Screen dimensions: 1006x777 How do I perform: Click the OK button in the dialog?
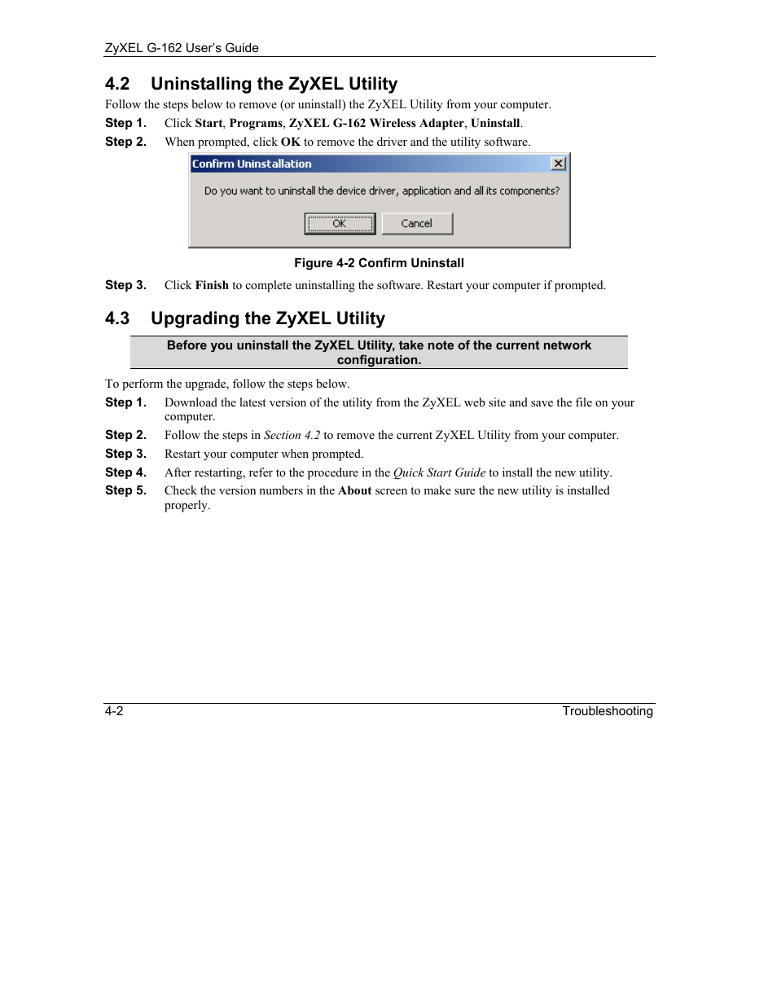click(x=340, y=223)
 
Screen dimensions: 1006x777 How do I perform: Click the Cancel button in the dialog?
click(x=417, y=223)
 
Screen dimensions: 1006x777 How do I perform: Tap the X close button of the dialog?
click(x=558, y=164)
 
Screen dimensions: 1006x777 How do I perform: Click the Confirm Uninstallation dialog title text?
click(x=252, y=164)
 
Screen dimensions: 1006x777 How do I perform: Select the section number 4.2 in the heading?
click(x=117, y=84)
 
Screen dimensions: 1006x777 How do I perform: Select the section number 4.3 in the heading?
click(x=117, y=318)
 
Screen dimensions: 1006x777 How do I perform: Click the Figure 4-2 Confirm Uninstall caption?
click(x=379, y=263)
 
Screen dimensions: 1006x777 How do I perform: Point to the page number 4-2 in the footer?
click(x=114, y=711)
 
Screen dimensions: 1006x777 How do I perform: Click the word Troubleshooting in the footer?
click(x=607, y=711)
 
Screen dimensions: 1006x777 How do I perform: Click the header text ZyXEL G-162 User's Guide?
click(x=182, y=48)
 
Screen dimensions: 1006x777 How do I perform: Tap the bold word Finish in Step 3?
click(x=212, y=285)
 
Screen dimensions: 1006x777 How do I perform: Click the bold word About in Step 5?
click(x=354, y=490)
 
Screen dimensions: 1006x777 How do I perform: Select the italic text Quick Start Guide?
click(x=439, y=472)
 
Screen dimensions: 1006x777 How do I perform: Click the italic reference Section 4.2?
click(x=292, y=435)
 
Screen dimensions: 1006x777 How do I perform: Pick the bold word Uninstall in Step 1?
click(x=495, y=123)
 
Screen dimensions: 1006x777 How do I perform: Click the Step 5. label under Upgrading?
click(x=125, y=490)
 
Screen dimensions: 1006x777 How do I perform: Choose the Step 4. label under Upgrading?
click(x=125, y=472)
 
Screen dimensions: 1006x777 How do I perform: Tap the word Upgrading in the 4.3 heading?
click(x=195, y=318)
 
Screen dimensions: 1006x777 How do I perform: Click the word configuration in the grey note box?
click(x=379, y=360)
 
